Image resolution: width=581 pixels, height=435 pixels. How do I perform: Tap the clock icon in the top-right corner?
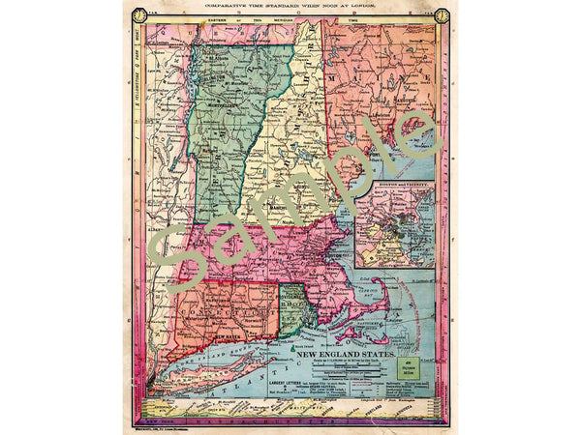[443, 15]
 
